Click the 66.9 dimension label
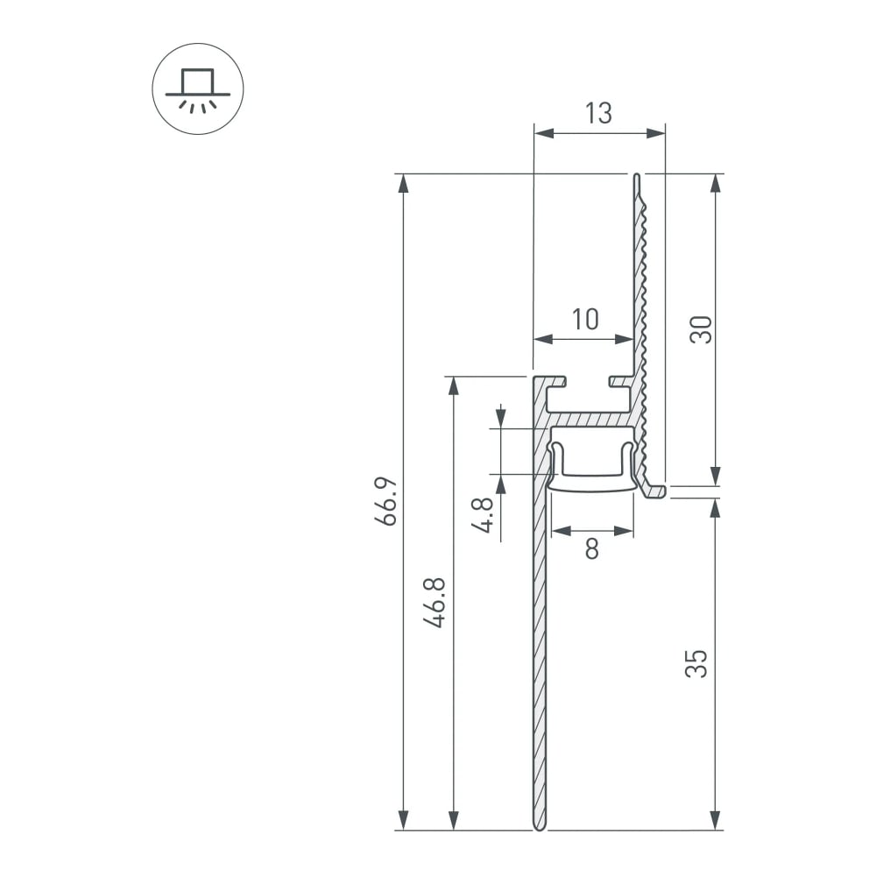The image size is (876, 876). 385,501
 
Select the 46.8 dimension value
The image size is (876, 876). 434,603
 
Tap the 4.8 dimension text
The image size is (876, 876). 482,515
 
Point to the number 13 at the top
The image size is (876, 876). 599,113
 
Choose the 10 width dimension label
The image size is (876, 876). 585,319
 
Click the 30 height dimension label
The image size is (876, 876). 701,329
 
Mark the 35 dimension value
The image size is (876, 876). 696,664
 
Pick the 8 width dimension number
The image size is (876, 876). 592,548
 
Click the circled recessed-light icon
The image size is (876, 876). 198,88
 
